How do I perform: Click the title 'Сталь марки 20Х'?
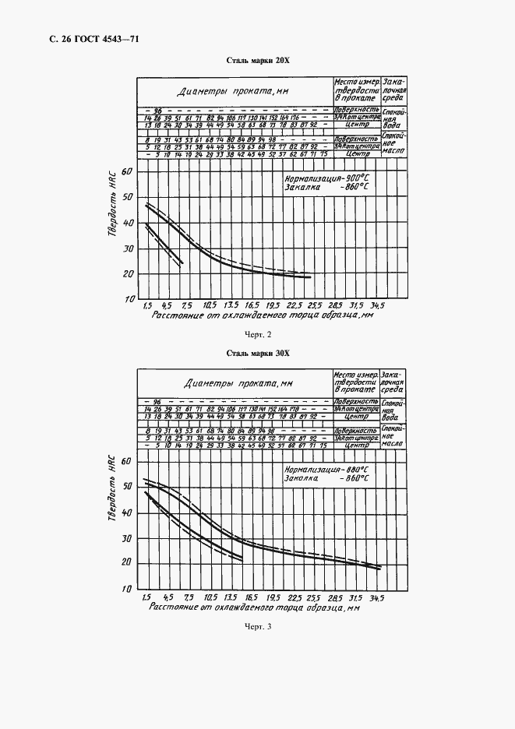tap(257, 60)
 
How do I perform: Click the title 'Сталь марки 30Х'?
tap(257, 353)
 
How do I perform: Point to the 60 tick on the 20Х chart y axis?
tap(129, 171)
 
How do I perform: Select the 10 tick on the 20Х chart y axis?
tap(129, 299)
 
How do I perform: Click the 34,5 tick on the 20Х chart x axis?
tap(377, 306)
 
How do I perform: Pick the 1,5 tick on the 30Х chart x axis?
tap(146, 597)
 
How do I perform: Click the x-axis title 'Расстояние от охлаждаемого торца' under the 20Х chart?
tap(256, 315)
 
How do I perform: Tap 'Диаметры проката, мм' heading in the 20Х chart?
tap(235, 91)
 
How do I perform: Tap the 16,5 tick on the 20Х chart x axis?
tap(251, 305)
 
